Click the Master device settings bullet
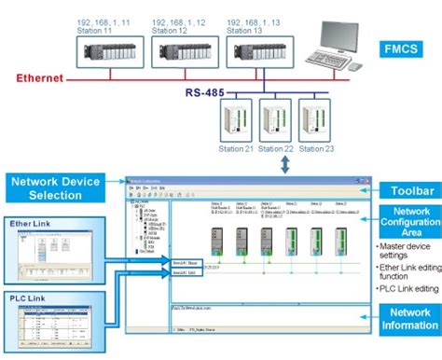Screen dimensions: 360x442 point(406,250)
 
